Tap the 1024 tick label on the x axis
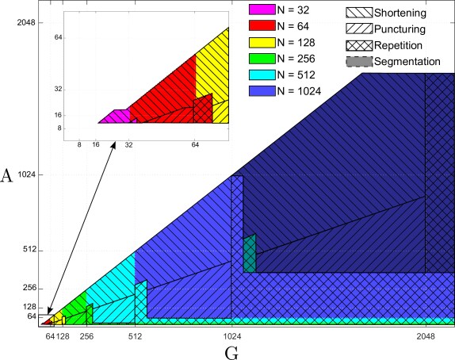(x=231, y=336)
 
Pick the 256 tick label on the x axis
(x=86, y=336)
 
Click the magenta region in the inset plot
(x=114, y=117)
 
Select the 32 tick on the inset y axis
(x=59, y=89)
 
